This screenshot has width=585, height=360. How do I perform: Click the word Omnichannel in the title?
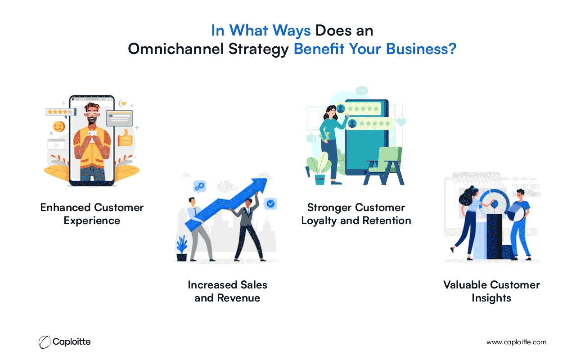point(175,49)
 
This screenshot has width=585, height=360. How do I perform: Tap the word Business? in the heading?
point(421,49)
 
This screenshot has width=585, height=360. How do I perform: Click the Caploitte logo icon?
point(45,342)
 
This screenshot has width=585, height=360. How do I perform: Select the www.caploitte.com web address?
point(516,342)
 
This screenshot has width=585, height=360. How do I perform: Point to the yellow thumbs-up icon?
point(126,138)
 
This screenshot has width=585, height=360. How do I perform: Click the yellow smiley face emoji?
point(59,126)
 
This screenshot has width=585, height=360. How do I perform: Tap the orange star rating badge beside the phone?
point(61,112)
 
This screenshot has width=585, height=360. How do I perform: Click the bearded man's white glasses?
point(92,114)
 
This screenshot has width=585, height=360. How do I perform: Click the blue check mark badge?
point(270,203)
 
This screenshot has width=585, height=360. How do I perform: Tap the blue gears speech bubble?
point(200,187)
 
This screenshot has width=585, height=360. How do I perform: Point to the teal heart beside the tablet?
point(401,122)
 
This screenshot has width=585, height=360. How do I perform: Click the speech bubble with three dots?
point(362,91)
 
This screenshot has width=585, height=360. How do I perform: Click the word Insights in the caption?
point(491,298)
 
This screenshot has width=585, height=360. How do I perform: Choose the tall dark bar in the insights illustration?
point(494,237)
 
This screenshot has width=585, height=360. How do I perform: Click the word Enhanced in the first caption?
point(65,207)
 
